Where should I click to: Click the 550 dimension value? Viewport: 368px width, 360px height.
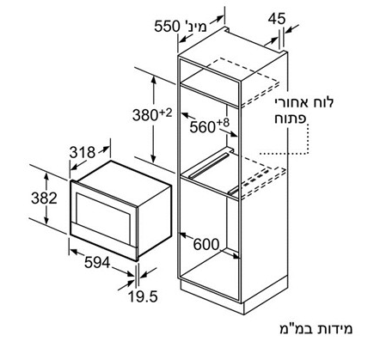[167, 27]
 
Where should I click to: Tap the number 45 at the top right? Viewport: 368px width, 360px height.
[277, 19]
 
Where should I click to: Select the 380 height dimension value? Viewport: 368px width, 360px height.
[145, 115]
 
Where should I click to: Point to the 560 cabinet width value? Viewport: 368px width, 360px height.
[203, 127]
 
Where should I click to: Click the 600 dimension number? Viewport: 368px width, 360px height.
[206, 244]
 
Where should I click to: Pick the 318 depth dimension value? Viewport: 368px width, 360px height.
[83, 152]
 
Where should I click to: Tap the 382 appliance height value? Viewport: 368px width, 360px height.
[44, 198]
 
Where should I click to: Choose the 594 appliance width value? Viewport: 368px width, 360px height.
[97, 262]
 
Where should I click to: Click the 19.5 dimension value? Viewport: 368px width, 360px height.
[143, 296]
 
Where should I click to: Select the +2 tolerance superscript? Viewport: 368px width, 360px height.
[165, 113]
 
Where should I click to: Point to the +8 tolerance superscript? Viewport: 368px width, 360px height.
[224, 123]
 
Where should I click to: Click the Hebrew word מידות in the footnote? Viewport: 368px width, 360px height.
[336, 329]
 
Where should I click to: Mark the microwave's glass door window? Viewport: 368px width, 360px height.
[103, 211]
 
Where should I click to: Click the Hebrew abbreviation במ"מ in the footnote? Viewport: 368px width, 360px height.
[297, 329]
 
